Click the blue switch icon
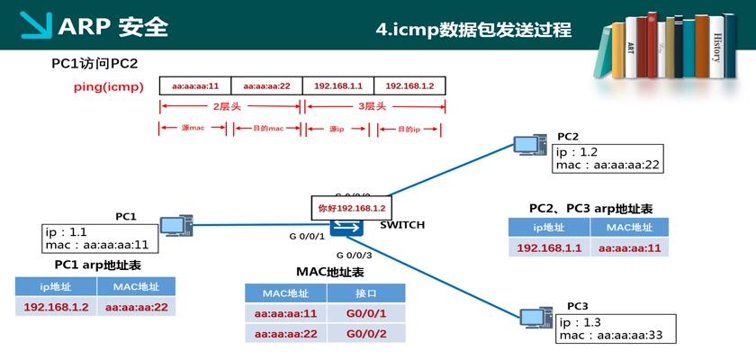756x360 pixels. tap(346, 226)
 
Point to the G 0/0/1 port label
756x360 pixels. tap(306, 237)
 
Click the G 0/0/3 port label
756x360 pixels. tap(354, 255)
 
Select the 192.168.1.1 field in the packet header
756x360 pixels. tap(338, 85)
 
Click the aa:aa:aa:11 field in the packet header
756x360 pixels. tap(195, 85)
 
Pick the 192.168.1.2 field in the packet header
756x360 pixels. tap(409, 85)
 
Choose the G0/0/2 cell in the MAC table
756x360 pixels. tap(366, 334)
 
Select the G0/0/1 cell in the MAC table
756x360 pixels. tap(366, 313)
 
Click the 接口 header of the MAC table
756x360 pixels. tap(366, 293)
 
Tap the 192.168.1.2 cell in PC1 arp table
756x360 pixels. tap(55, 307)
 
